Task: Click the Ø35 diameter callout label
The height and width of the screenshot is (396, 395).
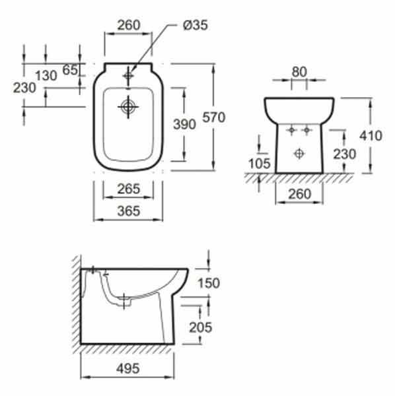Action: coord(195,25)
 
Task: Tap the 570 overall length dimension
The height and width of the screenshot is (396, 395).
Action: coord(214,117)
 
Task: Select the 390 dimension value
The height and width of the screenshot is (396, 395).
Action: coord(184,124)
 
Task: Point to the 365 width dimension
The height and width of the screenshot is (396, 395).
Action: coord(128,211)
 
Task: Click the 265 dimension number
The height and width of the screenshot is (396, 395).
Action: coord(128,189)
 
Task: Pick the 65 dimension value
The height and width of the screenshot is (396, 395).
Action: coord(70,70)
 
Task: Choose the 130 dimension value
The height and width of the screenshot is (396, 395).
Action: coord(46,75)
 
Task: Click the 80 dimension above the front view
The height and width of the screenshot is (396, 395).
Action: coord(299,72)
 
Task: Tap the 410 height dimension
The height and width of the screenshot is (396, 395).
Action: coord(371,136)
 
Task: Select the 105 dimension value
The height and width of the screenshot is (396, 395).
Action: coord(260,164)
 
